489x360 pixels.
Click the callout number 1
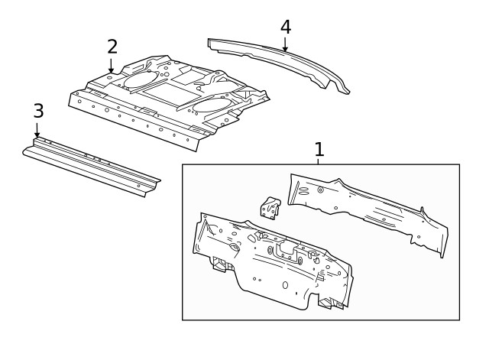click(319, 149)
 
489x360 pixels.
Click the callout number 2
click(112, 46)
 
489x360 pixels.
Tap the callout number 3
click(38, 111)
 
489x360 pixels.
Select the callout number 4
click(285, 27)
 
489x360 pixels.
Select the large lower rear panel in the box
click(267, 264)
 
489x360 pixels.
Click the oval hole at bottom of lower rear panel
click(285, 285)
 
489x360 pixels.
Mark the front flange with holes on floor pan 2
click(134, 121)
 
